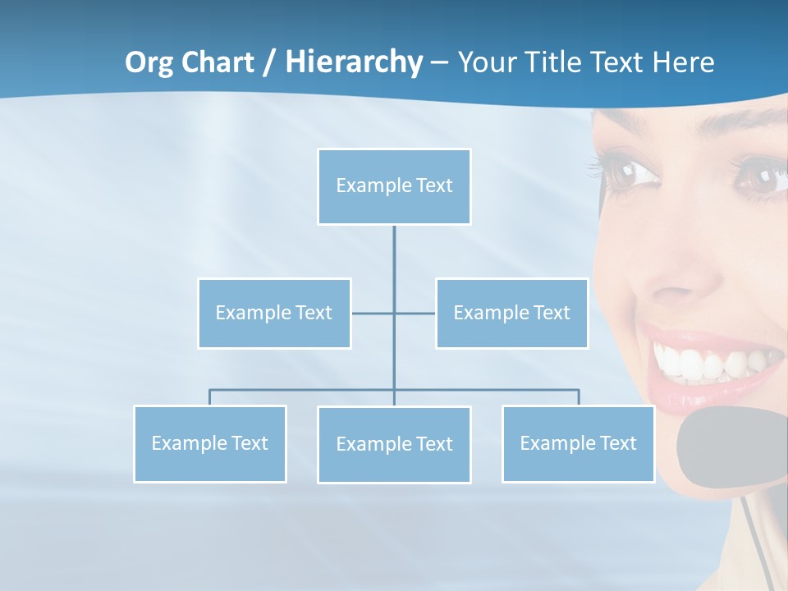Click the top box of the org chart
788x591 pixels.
click(394, 186)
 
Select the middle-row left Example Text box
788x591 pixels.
click(274, 313)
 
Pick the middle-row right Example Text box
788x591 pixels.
click(511, 313)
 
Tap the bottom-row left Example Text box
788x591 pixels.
click(210, 443)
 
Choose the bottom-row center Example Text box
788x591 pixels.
click(394, 444)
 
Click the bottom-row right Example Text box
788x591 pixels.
click(578, 443)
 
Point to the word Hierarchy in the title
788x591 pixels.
click(354, 62)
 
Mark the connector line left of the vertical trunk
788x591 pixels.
click(373, 313)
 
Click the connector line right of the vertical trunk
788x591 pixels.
click(415, 313)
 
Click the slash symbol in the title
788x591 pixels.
click(268, 62)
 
